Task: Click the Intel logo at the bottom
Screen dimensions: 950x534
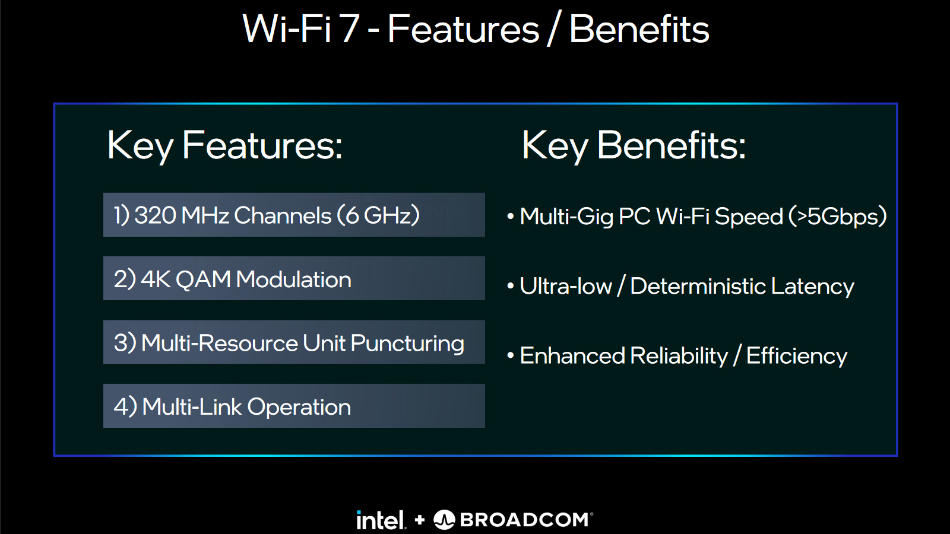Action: coord(381,520)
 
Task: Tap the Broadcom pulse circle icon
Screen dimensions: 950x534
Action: coord(444,520)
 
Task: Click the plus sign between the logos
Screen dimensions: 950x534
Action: coord(419,520)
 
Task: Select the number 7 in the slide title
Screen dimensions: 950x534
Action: coord(350,29)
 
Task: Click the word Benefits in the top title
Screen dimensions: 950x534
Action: coord(639,29)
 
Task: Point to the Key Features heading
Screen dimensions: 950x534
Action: coord(224,145)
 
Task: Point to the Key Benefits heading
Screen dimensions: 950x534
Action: coord(634,145)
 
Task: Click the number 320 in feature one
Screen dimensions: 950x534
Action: coord(155,215)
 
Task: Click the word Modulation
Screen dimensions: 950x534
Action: coord(293,279)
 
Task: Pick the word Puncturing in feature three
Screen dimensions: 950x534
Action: coord(407,344)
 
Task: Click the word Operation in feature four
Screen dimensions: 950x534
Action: coord(299,407)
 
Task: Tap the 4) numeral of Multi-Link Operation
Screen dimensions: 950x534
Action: coord(125,407)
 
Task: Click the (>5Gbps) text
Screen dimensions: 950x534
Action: coord(838,216)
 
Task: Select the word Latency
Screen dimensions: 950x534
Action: coord(813,286)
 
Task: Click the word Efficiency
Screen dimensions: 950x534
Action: coord(797,355)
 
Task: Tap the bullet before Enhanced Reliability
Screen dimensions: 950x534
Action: coord(511,356)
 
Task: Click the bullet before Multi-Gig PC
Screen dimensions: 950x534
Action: coord(511,217)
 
